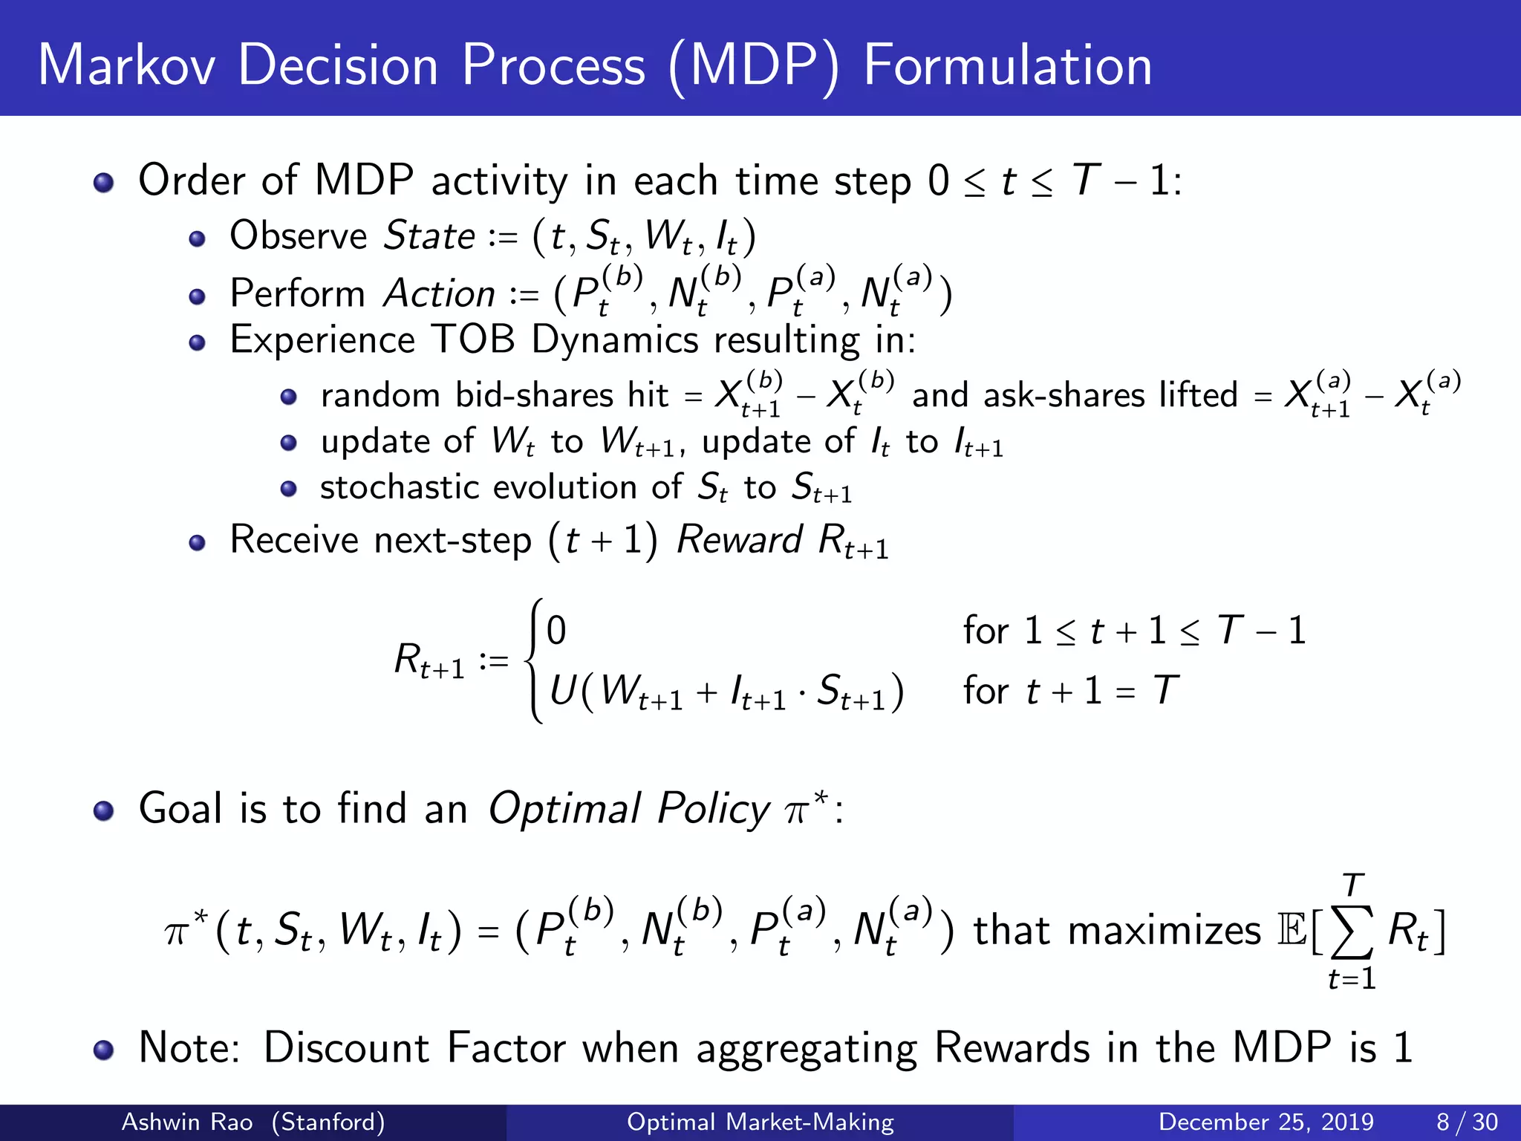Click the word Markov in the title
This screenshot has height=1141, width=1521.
(126, 65)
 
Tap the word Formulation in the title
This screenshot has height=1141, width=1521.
(1007, 65)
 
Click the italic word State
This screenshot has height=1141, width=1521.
(429, 236)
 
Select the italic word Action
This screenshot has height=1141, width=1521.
(439, 294)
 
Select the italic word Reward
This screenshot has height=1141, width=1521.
(739, 540)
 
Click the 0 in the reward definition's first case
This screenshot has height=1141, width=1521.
(556, 631)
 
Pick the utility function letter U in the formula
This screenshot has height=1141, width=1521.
(563, 691)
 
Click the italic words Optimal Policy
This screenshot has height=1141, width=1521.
(628, 809)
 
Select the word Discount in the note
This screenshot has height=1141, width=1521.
(346, 1048)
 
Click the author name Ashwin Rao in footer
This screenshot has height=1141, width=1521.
(186, 1122)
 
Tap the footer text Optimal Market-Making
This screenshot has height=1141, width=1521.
(760, 1122)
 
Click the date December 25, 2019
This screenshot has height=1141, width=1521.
(1266, 1122)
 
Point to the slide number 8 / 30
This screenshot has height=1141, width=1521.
(1466, 1122)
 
